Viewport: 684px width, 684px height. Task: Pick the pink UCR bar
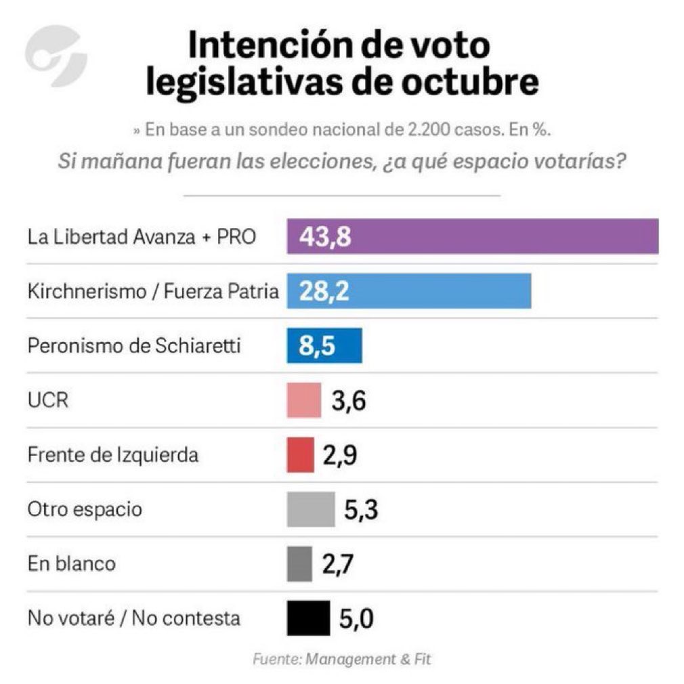(x=303, y=400)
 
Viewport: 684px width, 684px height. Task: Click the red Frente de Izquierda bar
(x=301, y=454)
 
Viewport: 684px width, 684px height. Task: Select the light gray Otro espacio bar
(x=311, y=509)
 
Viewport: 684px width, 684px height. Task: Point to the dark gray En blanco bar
(x=299, y=563)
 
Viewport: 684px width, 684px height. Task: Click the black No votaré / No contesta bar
(x=308, y=618)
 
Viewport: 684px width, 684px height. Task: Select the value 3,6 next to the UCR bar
(x=349, y=401)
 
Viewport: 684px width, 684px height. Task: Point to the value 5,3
(x=360, y=510)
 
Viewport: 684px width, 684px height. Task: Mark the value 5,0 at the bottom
(x=356, y=618)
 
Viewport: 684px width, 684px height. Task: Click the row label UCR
(x=48, y=400)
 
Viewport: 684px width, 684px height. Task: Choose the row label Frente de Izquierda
(x=113, y=454)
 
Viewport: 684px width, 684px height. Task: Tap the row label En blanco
(x=71, y=563)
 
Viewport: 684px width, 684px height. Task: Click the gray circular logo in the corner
(x=56, y=56)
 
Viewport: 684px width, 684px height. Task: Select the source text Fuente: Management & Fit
(x=341, y=658)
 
